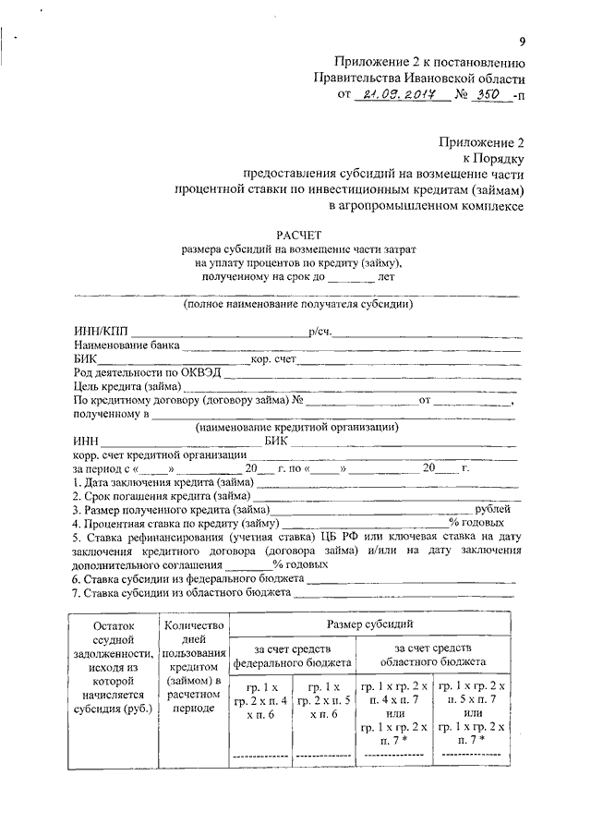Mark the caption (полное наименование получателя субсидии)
click(x=297, y=304)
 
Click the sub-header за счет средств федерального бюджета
click(x=292, y=656)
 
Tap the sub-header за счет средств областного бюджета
click(x=433, y=656)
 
